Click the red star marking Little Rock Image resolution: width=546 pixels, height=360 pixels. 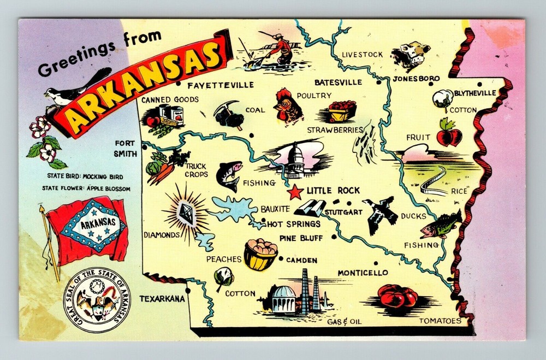[x=295, y=192]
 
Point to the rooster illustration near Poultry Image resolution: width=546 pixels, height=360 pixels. [x=288, y=107]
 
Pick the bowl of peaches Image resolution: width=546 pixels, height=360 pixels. [x=260, y=255]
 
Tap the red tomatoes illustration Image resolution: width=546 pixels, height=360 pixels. [x=397, y=297]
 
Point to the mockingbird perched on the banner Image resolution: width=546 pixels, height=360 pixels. [x=76, y=88]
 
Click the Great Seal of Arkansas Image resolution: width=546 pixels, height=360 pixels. [x=97, y=299]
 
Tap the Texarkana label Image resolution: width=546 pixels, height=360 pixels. [x=162, y=299]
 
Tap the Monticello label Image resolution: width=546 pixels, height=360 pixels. [x=363, y=273]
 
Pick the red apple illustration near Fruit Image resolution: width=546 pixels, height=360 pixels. [x=449, y=134]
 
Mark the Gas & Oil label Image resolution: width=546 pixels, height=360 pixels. [x=345, y=322]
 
